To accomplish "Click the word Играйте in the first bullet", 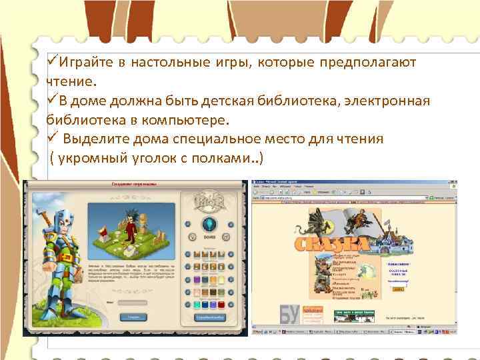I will point(85,62).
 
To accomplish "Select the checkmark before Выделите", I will point(52,139).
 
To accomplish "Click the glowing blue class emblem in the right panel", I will point(211,224).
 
